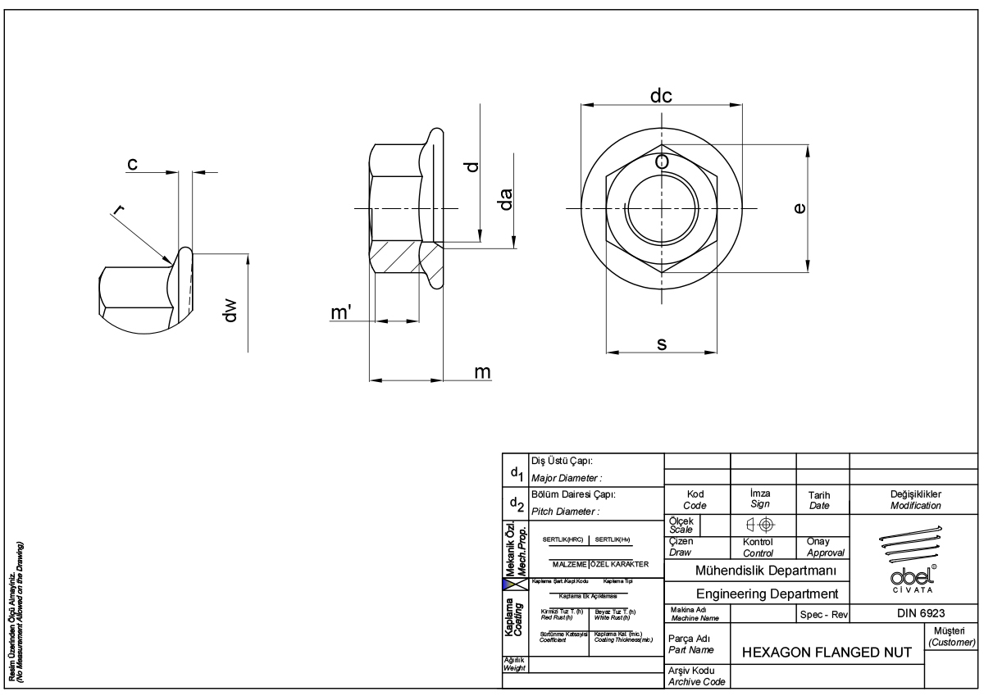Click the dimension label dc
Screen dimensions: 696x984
661,96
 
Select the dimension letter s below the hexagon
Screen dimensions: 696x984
661,344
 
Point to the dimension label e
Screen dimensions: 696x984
799,209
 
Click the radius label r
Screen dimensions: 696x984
120,212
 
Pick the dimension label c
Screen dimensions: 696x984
131,164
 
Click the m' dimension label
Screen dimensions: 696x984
341,314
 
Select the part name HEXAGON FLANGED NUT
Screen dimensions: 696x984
826,652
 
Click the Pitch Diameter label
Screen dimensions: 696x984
567,512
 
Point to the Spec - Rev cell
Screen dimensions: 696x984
822,613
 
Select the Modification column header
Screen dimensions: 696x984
916,506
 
